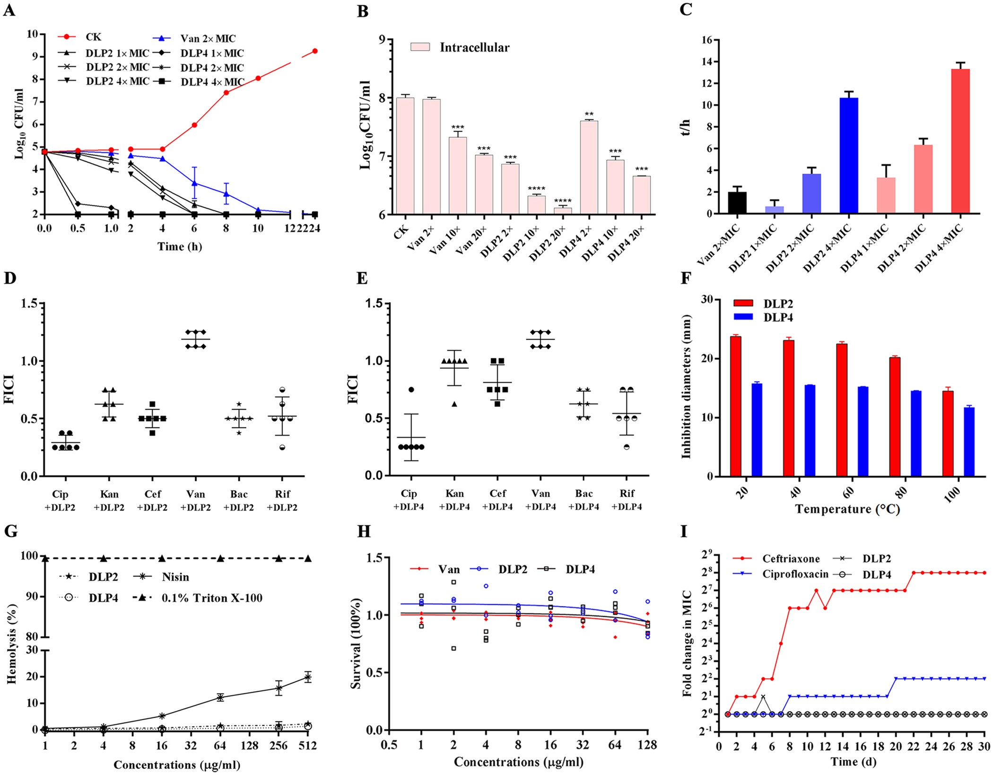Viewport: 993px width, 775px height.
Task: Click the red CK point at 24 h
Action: pos(315,51)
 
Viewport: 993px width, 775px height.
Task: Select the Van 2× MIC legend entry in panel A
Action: pos(207,38)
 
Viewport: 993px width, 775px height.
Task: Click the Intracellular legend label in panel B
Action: pos(474,47)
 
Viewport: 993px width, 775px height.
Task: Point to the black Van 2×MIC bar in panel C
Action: pos(737,202)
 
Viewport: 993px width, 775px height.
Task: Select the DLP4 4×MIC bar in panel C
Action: pos(960,141)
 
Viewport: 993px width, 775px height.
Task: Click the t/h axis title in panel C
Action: pos(686,127)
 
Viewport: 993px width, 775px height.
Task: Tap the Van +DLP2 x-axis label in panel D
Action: pos(195,501)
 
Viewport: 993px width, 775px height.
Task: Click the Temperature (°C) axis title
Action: pos(847,510)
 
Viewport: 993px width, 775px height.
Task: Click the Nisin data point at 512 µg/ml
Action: pos(308,678)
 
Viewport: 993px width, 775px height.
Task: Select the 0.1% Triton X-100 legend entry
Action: pos(211,598)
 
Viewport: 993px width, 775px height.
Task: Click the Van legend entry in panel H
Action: pos(448,569)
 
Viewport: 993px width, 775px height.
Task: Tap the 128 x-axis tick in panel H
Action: pos(647,745)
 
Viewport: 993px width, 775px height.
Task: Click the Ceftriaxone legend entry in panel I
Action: pos(791,559)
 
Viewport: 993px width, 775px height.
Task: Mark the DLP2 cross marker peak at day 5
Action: pos(763,696)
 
